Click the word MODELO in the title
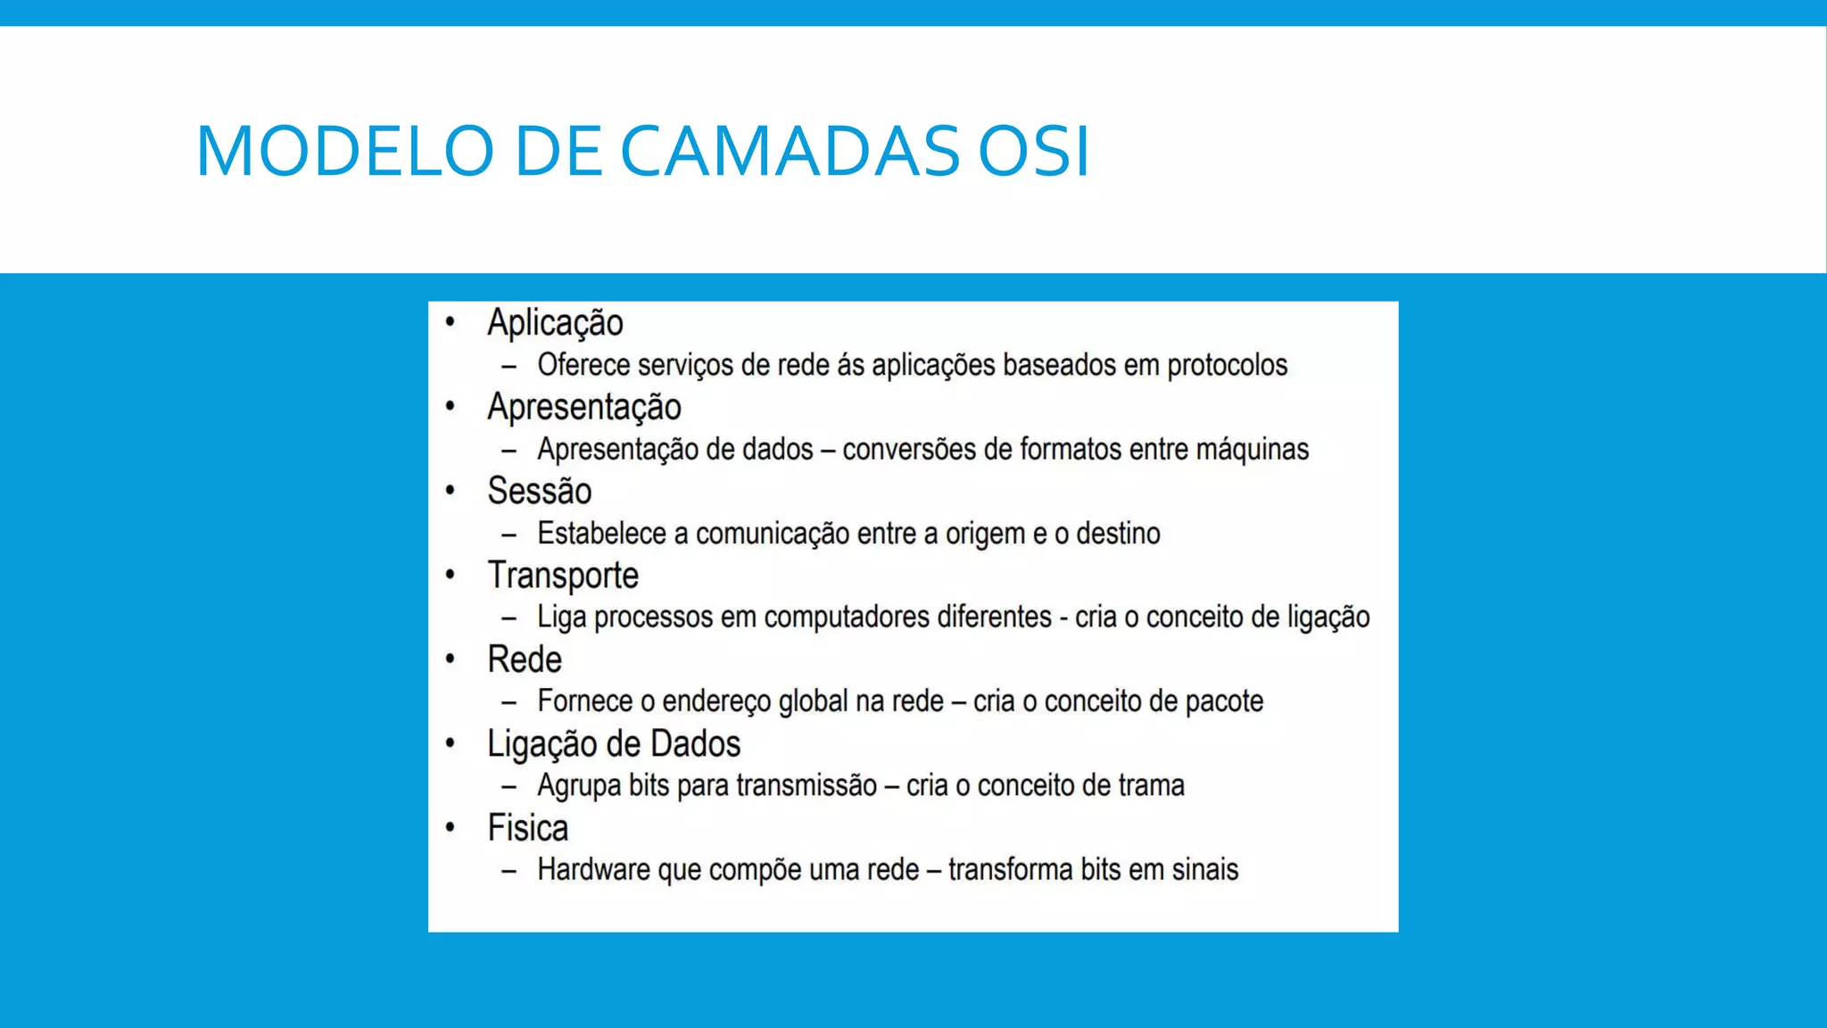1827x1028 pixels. (x=344, y=150)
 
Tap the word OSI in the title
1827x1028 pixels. (x=1034, y=150)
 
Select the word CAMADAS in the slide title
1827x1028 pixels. (x=789, y=150)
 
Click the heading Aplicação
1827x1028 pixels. (x=555, y=323)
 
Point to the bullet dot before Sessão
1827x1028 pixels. (x=451, y=490)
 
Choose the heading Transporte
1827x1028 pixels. (x=563, y=576)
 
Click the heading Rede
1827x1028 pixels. (x=525, y=659)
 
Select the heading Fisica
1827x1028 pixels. (x=527, y=828)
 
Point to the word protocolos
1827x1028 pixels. (x=1227, y=365)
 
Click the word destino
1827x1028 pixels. (x=1118, y=534)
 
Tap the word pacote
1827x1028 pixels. (x=1224, y=701)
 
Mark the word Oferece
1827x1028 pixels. (x=583, y=365)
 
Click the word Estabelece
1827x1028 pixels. (x=601, y=534)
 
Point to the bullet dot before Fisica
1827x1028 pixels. (x=451, y=827)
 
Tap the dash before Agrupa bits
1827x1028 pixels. (x=509, y=786)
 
